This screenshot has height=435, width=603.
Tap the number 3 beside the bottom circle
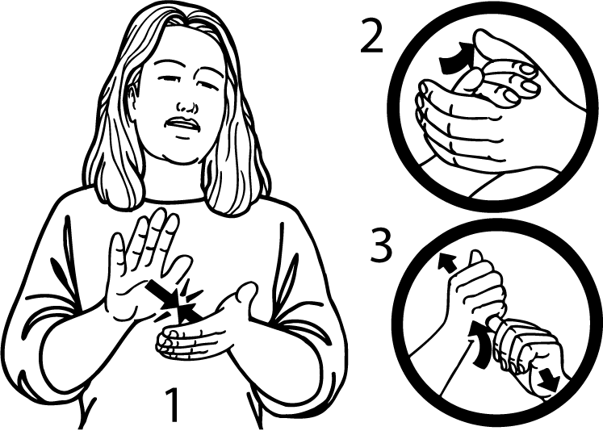point(382,245)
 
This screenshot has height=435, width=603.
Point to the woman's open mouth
point(182,125)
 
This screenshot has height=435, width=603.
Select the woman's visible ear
point(132,101)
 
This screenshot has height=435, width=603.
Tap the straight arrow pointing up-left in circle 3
point(448,263)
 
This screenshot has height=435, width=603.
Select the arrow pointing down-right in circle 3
point(547,379)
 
